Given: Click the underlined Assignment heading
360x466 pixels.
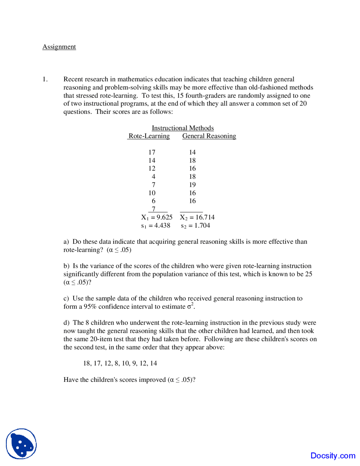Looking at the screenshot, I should coord(59,47).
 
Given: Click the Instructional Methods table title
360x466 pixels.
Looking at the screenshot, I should coord(183,128).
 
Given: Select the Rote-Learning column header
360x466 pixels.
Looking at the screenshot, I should coord(149,136).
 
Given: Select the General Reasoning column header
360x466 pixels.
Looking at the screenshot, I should coord(209,136).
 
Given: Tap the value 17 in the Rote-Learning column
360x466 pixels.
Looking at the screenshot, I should coord(152,153).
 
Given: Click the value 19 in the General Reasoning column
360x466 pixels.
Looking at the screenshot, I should coord(192,185).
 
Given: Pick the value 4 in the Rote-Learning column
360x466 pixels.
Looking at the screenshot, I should coord(153,177).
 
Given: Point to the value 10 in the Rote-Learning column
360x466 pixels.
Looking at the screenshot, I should coord(152,193).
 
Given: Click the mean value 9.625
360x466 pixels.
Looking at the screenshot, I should coord(165,218).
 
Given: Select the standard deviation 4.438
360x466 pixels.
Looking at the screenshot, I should coord(162,226).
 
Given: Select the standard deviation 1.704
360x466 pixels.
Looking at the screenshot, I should coord(202,226).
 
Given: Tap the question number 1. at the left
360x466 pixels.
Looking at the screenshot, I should coord(45,79).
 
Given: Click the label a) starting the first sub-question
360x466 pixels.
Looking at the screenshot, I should coord(66,242).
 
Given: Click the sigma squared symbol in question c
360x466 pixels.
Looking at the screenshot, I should coord(190,306).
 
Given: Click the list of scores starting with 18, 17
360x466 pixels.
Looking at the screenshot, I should coord(120,364).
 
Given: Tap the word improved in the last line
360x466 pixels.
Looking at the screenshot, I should coord(153,380).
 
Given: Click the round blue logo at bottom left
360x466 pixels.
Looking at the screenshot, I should coord(21,444).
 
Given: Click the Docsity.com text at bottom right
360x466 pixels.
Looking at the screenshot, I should coord(333,456).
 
